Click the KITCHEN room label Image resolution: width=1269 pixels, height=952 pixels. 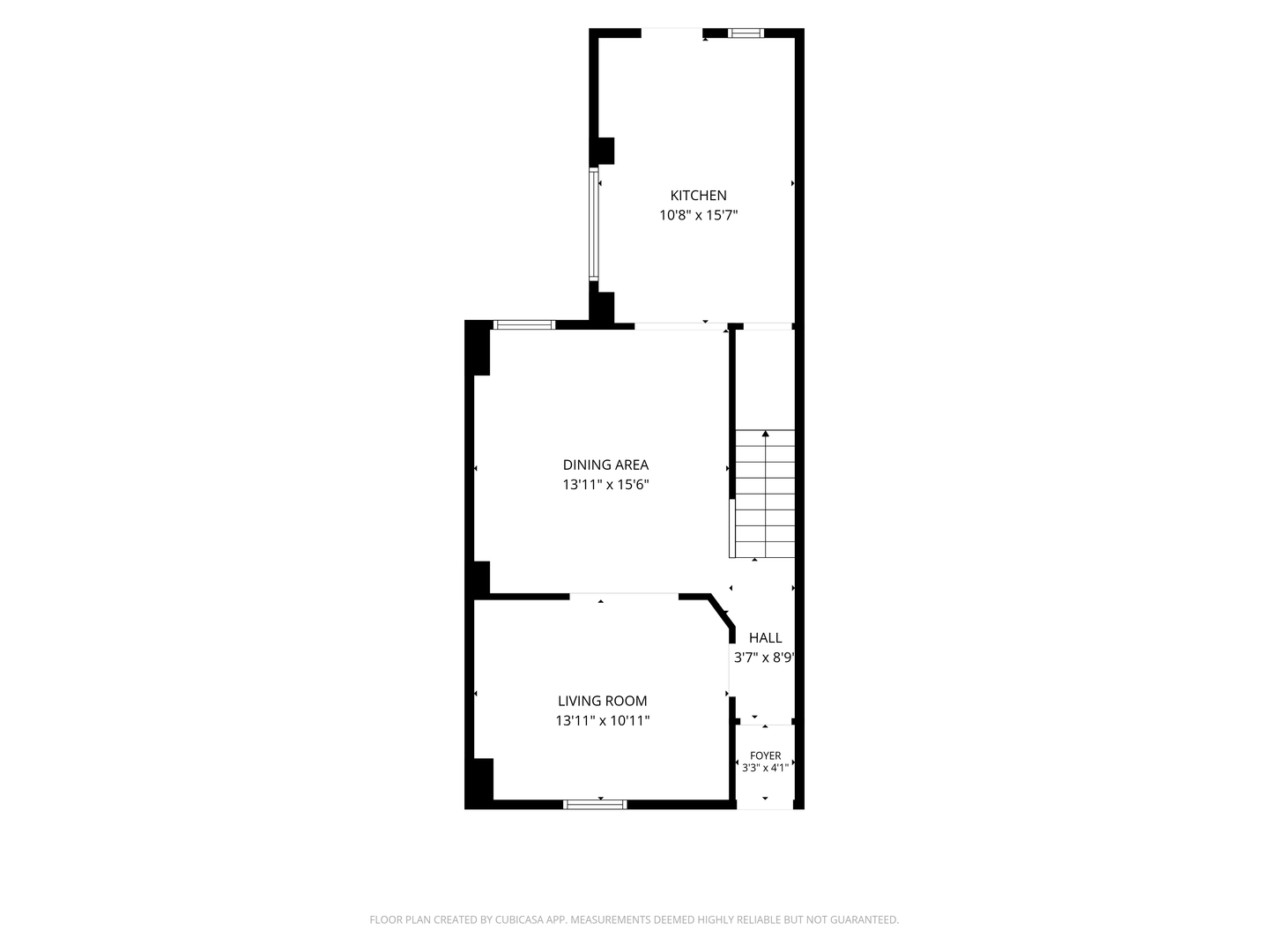tap(698, 196)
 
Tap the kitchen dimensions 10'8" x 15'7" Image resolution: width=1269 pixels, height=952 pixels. tap(698, 215)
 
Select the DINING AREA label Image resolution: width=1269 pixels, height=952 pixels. tap(605, 465)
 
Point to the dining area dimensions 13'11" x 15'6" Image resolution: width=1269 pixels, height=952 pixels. tap(605, 485)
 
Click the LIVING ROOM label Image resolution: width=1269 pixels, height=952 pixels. tap(603, 701)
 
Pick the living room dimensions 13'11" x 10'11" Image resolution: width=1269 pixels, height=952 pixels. tap(603, 721)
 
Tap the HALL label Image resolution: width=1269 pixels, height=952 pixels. tap(766, 637)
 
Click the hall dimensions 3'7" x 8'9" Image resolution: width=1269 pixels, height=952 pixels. tap(764, 658)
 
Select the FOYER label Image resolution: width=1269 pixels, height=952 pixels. tap(766, 755)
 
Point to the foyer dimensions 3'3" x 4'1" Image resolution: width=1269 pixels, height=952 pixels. tap(766, 768)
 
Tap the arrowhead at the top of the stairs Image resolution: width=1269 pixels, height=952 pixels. tap(766, 433)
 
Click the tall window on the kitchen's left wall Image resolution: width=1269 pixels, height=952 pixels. tap(593, 224)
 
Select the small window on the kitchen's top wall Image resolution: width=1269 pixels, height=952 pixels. tap(746, 33)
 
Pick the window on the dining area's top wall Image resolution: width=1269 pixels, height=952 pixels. tap(524, 325)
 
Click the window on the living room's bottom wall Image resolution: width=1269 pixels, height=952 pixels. tap(595, 804)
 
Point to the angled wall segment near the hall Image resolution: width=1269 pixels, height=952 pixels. tap(722, 610)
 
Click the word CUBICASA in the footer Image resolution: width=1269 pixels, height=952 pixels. tap(519, 919)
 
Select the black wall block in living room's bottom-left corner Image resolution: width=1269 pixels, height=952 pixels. tap(479, 784)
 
